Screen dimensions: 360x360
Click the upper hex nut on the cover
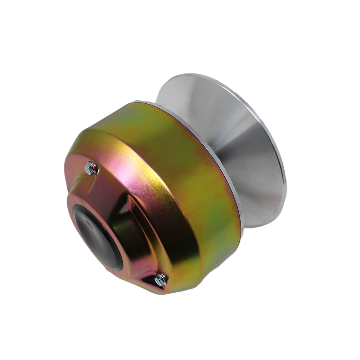click(x=91, y=168)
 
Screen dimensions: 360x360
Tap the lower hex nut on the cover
click(x=161, y=279)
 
